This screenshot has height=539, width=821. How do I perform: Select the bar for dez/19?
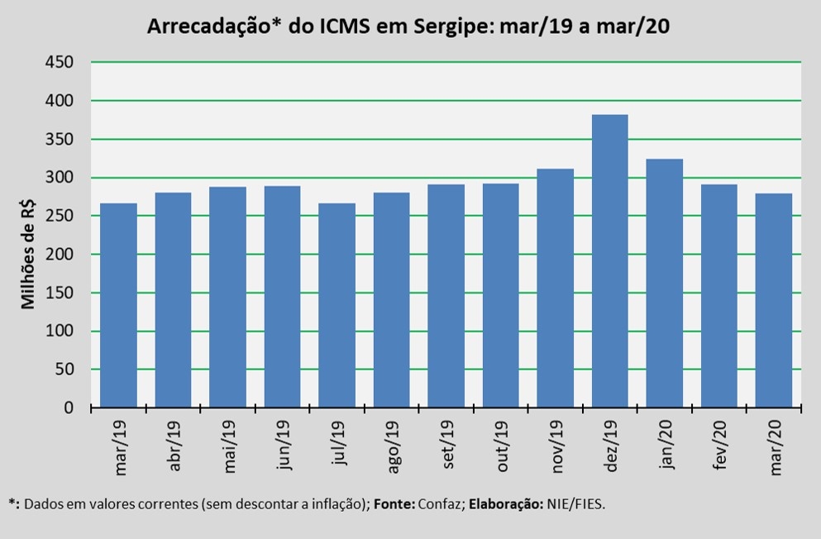tap(610, 260)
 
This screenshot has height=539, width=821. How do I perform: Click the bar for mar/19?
tap(118, 305)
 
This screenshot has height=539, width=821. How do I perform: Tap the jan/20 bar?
tap(665, 283)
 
